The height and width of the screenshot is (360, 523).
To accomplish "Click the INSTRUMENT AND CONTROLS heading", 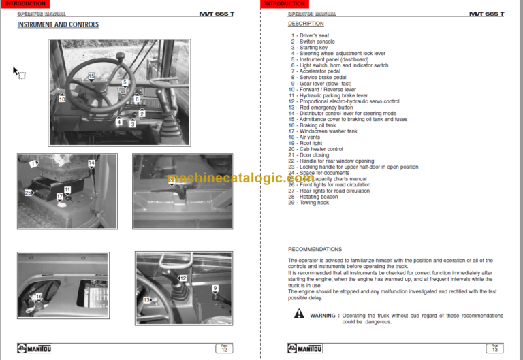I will (58, 24).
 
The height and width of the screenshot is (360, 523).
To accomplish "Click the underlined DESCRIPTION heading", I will (306, 24).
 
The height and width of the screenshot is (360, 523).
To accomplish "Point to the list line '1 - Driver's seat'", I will (310, 35).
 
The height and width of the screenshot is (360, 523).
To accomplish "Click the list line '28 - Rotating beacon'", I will (314, 197).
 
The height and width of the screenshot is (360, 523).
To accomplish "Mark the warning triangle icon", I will (299, 314).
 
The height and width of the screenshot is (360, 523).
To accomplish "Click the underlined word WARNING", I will (323, 316).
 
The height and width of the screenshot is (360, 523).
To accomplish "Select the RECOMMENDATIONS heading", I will (315, 249).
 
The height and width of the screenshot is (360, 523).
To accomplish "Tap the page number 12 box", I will (223, 348).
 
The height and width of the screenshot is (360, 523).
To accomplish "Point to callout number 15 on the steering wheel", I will (91, 76).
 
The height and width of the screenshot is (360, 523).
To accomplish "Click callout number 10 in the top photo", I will (61, 99).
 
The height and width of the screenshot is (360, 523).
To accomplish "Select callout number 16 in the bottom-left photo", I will (39, 297).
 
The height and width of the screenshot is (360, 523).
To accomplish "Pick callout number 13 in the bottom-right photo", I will (146, 300).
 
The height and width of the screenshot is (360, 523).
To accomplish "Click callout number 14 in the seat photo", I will (91, 163).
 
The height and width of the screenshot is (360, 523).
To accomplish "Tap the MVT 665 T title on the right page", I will (486, 14).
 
